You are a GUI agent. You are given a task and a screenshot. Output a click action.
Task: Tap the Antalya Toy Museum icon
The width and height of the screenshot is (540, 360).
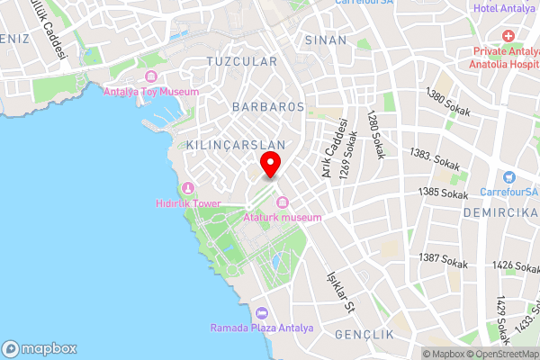pos(150,76)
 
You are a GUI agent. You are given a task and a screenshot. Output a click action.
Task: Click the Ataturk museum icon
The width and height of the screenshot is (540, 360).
pos(282,202)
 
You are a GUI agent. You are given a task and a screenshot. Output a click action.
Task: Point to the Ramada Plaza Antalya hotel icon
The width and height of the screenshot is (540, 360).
pos(262,313)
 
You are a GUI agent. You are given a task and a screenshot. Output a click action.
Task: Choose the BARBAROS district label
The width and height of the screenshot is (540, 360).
pos(267,107)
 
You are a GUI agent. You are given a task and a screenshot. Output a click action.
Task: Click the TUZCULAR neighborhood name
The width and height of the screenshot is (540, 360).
pos(241,62)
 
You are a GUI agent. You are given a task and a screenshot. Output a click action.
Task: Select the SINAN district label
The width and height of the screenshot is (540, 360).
pos(325,40)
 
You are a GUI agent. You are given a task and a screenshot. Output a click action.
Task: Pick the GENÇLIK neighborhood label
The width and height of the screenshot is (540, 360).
pos(364,335)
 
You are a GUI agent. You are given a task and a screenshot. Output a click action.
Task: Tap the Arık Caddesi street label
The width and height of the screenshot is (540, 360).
pos(328,146)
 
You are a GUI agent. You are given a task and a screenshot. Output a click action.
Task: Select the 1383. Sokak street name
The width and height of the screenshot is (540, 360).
pos(436,158)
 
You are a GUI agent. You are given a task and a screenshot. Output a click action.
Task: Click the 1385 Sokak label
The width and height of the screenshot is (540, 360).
pos(444,193)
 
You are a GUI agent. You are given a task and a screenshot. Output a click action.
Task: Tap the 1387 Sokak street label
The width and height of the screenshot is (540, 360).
pos(444,261)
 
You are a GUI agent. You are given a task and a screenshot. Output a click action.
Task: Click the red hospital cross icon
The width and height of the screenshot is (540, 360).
pos(508,36)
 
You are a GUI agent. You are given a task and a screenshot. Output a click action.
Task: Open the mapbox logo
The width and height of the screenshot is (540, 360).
pos(39,348)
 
